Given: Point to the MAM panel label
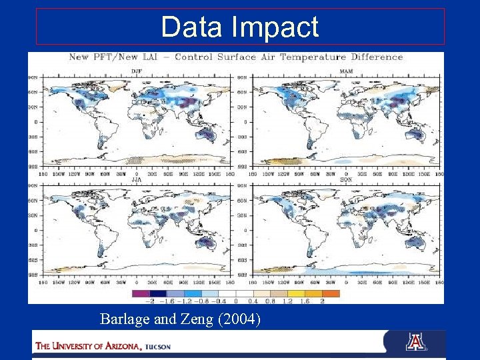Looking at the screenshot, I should pyautogui.click(x=346, y=70).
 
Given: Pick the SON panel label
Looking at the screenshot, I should pyautogui.click(x=346, y=179).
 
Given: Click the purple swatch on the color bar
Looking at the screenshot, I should pyautogui.click(x=141, y=293).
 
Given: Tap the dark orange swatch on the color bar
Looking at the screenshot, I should pyautogui.click(x=331, y=293).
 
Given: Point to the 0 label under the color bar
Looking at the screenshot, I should pyautogui.click(x=235, y=301).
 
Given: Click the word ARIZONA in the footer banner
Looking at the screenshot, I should pyautogui.click(x=117, y=345).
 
